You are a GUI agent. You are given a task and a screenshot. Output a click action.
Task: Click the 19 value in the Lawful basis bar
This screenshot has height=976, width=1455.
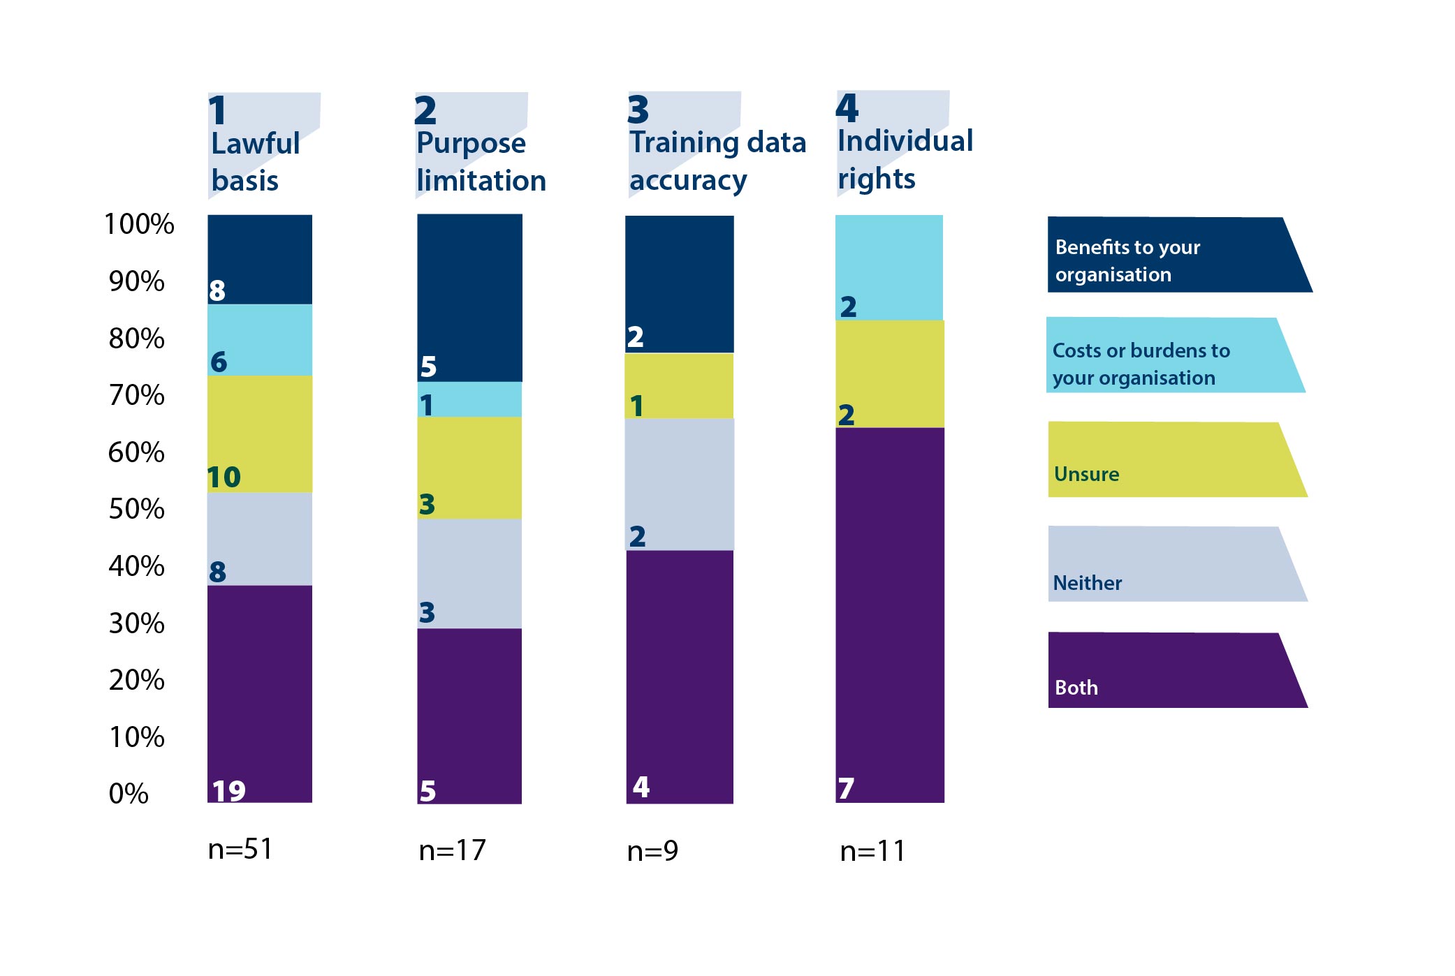[x=229, y=791]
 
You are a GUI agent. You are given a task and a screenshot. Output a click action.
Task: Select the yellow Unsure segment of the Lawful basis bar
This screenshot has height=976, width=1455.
[x=260, y=434]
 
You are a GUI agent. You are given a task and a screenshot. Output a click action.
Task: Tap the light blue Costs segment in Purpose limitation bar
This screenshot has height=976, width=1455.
[x=469, y=399]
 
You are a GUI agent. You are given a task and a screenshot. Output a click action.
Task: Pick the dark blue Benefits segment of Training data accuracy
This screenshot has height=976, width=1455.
[x=679, y=283]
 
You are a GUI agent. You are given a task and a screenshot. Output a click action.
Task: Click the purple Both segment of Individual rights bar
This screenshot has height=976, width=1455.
[x=889, y=614]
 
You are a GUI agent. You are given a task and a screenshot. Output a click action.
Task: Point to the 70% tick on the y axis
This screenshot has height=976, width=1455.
[x=136, y=395]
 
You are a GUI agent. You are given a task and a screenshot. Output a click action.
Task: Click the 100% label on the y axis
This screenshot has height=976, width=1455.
[x=139, y=224]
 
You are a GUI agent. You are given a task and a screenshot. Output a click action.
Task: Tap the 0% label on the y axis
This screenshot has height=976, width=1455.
[x=129, y=794]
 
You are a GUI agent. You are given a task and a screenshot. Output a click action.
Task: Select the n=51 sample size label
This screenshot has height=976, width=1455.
[x=240, y=849]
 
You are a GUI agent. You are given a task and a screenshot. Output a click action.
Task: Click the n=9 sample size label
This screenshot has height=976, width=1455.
[x=652, y=850]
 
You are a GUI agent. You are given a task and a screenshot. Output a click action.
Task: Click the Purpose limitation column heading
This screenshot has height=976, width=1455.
[x=481, y=161]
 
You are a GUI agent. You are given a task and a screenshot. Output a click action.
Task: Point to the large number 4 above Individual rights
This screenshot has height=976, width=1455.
[x=847, y=108]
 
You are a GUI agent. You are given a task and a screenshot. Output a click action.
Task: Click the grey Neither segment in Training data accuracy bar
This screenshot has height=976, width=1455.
[x=679, y=484]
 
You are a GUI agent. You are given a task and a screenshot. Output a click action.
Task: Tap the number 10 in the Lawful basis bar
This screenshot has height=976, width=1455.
[x=224, y=478]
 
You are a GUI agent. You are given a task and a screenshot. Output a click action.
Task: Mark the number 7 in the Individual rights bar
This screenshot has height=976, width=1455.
[x=846, y=789]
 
